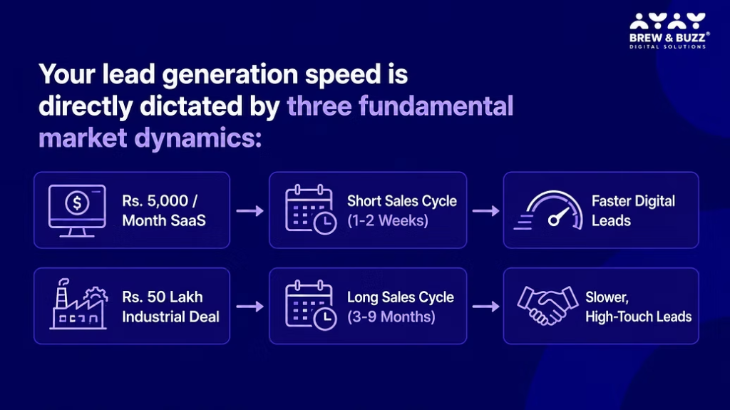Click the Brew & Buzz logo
[669, 31]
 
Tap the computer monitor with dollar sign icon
[77, 211]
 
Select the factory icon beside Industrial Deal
[78, 304]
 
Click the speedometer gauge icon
[549, 210]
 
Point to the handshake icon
[547, 305]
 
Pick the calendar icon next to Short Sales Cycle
[311, 210]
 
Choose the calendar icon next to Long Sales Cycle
[311, 305]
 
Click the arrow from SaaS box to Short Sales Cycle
[250, 211]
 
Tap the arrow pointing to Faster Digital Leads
[485, 211]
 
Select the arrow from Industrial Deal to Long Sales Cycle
[250, 307]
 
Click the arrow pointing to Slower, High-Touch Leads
[485, 307]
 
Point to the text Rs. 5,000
[155, 201]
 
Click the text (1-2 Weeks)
[387, 220]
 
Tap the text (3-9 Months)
[391, 317]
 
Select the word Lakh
[185, 297]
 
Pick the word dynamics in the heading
[198, 139]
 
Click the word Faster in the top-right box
[610, 201]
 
